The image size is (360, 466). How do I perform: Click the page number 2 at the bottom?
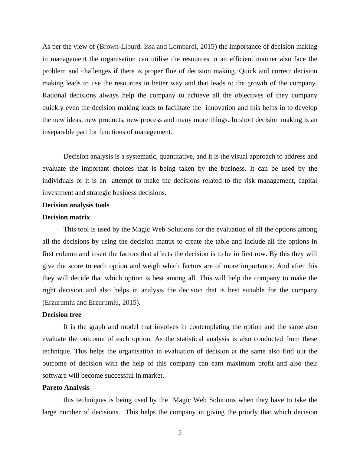click(x=180, y=433)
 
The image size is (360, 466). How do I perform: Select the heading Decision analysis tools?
click(x=76, y=205)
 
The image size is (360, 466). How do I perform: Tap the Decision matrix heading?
click(x=66, y=217)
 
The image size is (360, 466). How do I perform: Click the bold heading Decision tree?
click(x=62, y=315)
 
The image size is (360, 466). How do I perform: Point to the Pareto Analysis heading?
click(x=66, y=388)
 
